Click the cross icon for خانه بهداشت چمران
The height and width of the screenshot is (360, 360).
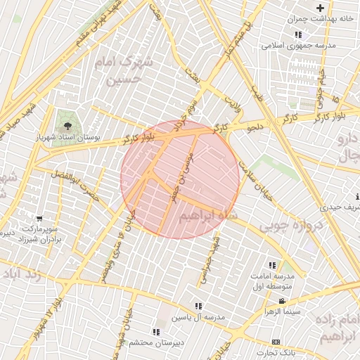pos(320,7)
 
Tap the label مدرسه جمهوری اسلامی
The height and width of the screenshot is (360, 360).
pos(299,45)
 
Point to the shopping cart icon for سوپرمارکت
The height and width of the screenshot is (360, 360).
pos(38,219)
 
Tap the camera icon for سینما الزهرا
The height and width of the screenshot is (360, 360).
pos(282,301)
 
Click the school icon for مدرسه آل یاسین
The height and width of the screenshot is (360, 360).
pos(198,306)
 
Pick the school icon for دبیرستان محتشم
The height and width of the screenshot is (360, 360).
pos(155,331)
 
